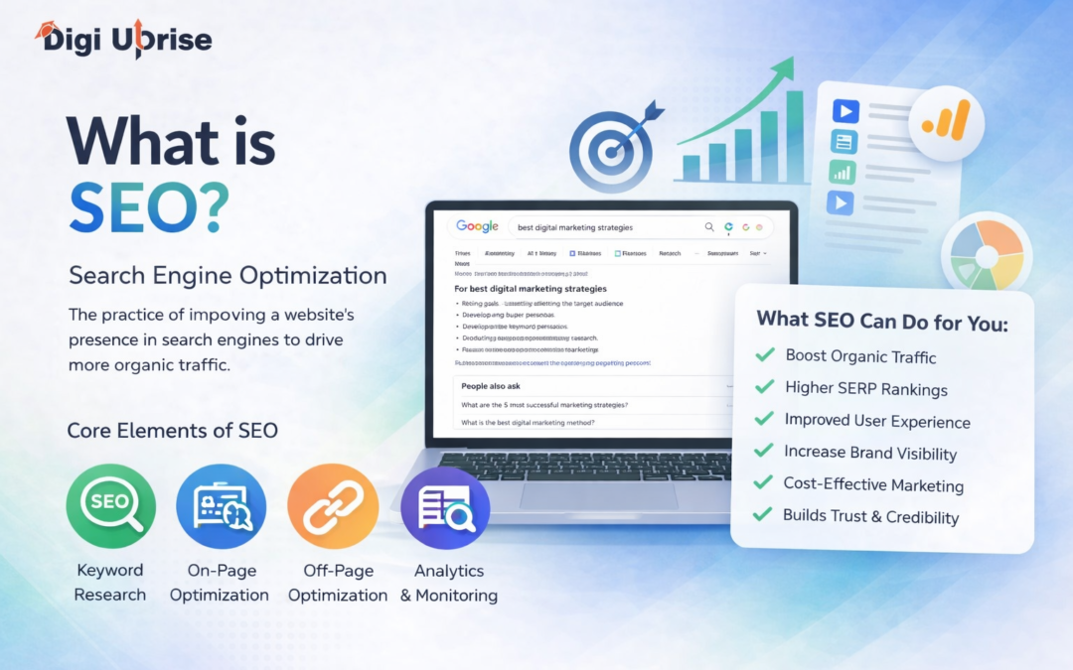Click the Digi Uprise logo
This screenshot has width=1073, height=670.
(123, 41)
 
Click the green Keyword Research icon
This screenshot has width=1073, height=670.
(111, 507)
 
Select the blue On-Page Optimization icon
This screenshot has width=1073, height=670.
(221, 507)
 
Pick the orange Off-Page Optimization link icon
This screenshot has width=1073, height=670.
(333, 507)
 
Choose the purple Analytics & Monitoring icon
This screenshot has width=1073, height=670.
(445, 507)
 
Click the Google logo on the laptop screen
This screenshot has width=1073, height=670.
(477, 226)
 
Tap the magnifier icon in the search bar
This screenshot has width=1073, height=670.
(709, 227)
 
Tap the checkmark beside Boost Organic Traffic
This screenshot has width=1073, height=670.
(765, 354)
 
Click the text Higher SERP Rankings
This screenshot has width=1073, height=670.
(865, 389)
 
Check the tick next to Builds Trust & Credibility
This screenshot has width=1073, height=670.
(763, 514)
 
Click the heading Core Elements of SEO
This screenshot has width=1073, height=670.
(172, 431)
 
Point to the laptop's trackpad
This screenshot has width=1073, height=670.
(585, 493)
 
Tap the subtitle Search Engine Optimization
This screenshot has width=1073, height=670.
(228, 275)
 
